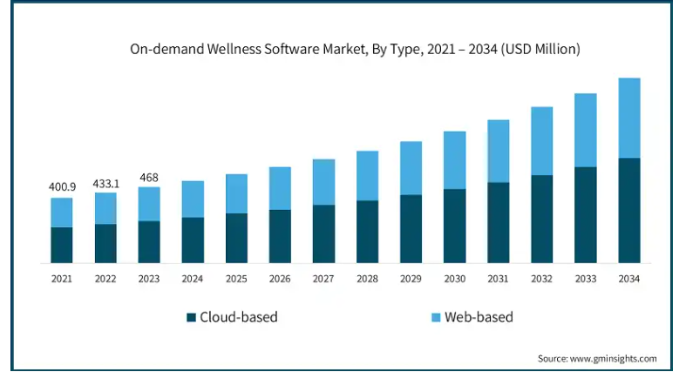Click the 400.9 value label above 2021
click(61, 186)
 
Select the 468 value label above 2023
click(148, 179)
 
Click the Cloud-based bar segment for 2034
click(629, 210)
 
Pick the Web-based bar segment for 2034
click(629, 118)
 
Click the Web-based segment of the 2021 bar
click(61, 213)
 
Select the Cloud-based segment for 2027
click(323, 233)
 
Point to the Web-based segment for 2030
click(454, 160)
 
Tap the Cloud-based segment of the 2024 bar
click(193, 240)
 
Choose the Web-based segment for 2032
click(541, 141)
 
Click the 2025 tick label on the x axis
click(236, 279)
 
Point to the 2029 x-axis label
click(411, 279)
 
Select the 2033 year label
click(585, 279)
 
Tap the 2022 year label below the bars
click(105, 279)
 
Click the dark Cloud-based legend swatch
click(191, 317)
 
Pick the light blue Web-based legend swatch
click(436, 317)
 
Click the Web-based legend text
click(479, 317)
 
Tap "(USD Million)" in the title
click(534, 50)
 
